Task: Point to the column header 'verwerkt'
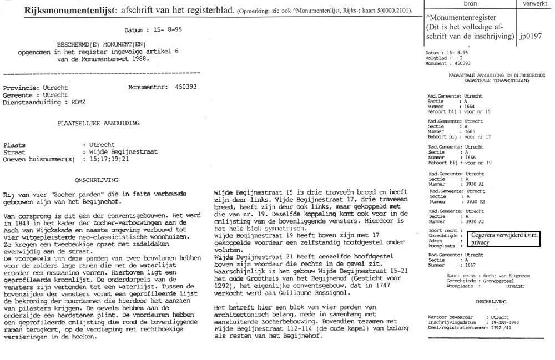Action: [533, 3]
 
